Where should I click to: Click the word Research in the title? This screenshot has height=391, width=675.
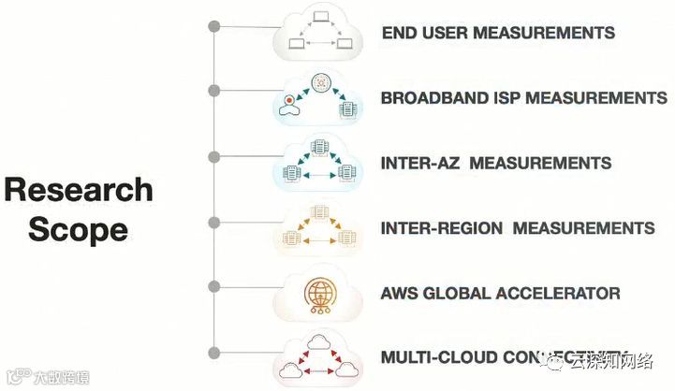(x=79, y=190)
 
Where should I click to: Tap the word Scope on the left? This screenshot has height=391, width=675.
(x=79, y=229)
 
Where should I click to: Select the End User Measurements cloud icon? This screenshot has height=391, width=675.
(x=319, y=33)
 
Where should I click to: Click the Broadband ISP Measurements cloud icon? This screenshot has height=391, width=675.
(x=319, y=98)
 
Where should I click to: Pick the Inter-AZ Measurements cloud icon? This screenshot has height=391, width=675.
(x=319, y=164)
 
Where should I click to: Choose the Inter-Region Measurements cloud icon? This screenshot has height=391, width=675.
(x=319, y=228)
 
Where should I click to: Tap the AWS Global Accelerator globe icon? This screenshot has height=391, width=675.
(x=319, y=294)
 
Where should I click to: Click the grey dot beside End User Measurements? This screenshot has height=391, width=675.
(x=214, y=25)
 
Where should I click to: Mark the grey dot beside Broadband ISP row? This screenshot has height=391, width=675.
(x=214, y=91)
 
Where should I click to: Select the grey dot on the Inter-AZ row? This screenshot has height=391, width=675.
(x=214, y=156)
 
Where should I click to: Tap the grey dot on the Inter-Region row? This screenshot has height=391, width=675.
(x=214, y=222)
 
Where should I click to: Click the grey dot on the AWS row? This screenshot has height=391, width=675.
(x=214, y=287)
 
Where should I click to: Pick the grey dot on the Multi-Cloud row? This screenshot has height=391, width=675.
(x=214, y=353)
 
